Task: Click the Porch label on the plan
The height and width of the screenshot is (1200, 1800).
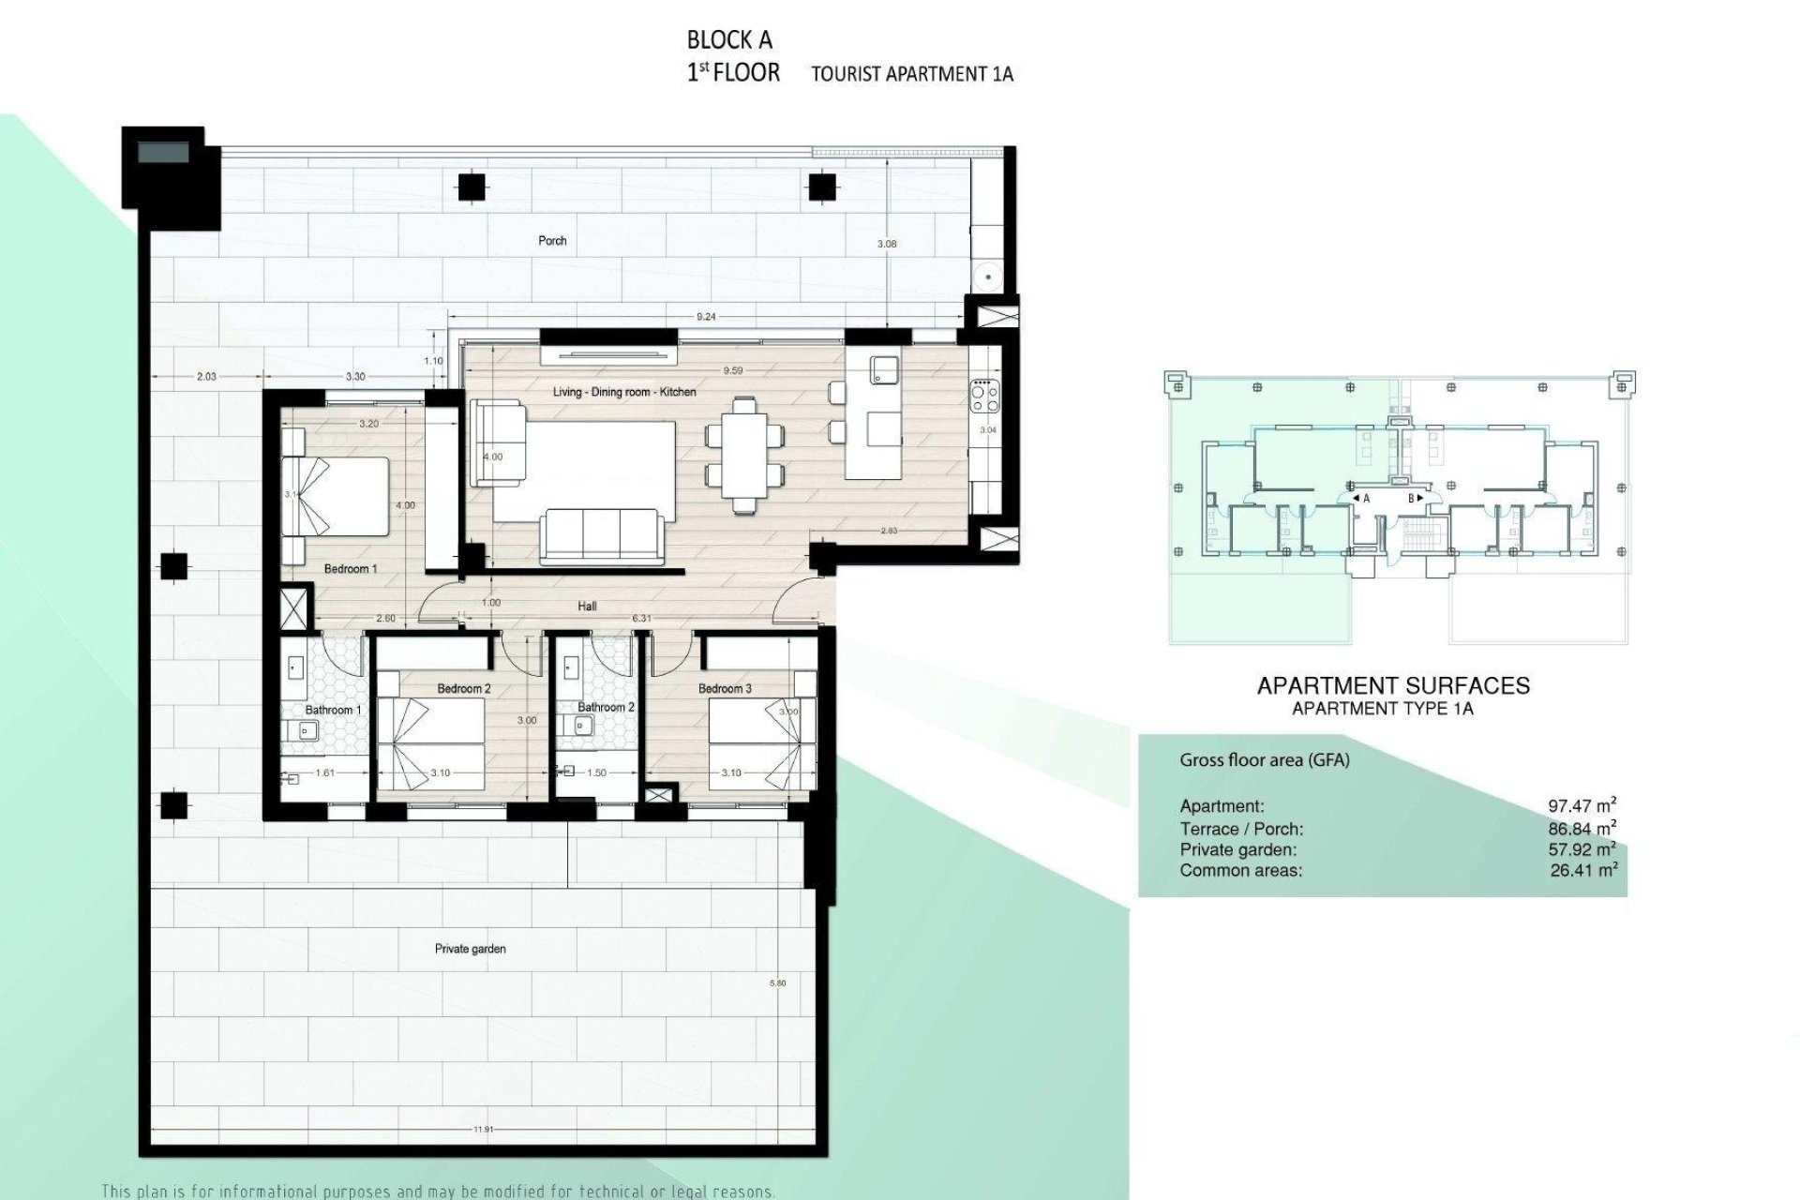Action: (x=552, y=241)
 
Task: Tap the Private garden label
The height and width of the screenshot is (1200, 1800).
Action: (x=470, y=949)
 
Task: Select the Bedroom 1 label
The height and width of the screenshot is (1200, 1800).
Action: (x=350, y=569)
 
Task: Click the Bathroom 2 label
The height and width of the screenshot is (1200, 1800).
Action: (x=606, y=707)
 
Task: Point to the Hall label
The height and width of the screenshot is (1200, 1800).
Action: (x=587, y=607)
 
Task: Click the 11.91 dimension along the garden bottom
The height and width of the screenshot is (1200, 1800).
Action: (x=483, y=1130)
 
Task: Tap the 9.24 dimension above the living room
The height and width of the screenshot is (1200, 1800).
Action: (x=706, y=317)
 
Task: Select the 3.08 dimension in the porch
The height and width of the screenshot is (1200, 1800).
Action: (x=886, y=244)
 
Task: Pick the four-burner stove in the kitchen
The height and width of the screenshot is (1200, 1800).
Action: (x=984, y=395)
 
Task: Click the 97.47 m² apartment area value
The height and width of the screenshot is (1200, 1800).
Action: (x=1582, y=805)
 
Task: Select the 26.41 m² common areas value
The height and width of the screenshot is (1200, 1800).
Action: (x=1583, y=870)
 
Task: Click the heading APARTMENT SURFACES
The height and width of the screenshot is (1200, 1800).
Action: (x=1392, y=685)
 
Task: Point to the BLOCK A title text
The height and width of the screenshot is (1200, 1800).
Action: (x=729, y=40)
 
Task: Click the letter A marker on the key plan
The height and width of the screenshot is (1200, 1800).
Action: (x=1366, y=499)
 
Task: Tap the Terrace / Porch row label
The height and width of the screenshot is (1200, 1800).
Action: (x=1241, y=829)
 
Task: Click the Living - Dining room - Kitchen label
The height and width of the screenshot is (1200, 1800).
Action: (x=624, y=392)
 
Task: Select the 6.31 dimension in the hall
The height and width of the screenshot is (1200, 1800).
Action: (x=642, y=619)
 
